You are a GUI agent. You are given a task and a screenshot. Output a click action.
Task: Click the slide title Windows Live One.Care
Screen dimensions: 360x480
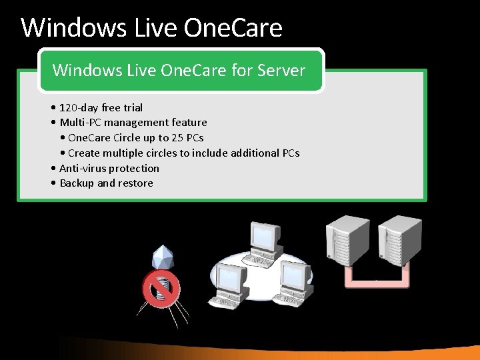[x=151, y=28]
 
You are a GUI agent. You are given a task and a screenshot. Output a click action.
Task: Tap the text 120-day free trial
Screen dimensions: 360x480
[x=101, y=107]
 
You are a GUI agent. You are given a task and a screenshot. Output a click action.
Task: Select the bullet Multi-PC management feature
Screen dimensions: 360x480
[x=133, y=123]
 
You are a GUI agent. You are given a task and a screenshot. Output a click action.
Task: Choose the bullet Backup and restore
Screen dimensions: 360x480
[x=106, y=183]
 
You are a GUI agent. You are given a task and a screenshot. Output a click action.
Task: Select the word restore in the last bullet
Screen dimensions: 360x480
[x=135, y=183]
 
